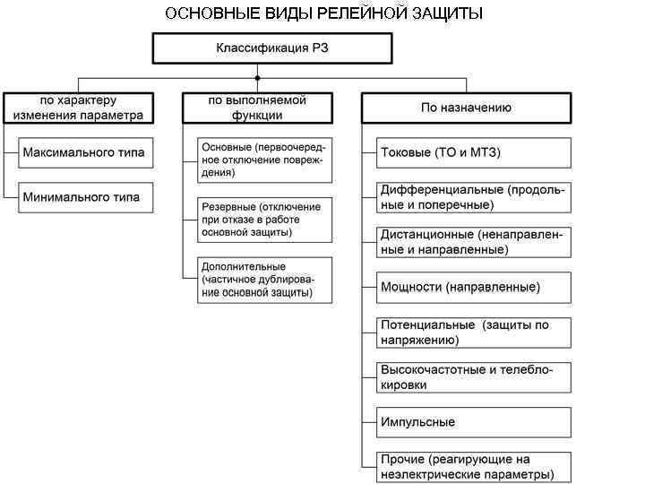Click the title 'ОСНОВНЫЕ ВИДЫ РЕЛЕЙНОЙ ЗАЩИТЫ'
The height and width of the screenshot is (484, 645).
pyautogui.click(x=323, y=13)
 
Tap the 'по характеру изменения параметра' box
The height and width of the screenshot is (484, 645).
pyautogui.click(x=78, y=108)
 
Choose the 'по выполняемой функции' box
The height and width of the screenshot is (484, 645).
pyautogui.click(x=257, y=108)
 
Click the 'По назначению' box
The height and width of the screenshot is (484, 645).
pyautogui.click(x=466, y=108)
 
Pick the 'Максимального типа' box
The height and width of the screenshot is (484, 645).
pyautogui.click(x=83, y=152)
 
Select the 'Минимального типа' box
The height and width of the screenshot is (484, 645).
pyautogui.click(x=83, y=197)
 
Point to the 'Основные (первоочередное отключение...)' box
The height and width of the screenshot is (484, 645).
pyautogui.click(x=265, y=159)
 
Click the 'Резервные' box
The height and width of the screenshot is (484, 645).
pyautogui.click(x=265, y=219)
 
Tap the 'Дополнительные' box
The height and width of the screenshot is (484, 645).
pyautogui.click(x=265, y=280)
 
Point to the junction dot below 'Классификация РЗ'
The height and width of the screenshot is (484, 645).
pyautogui.click(x=257, y=77)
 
